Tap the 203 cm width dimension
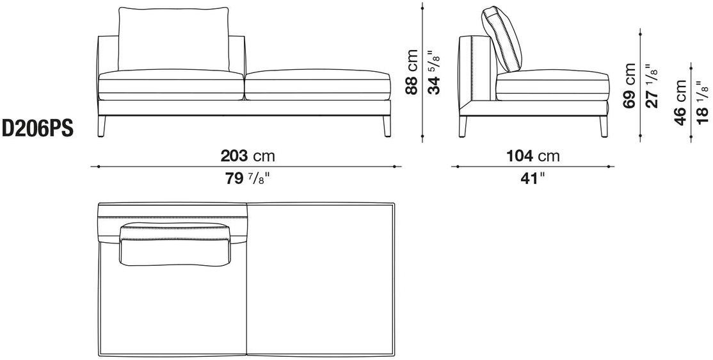point(248,156)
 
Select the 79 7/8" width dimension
point(248,179)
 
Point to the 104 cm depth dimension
point(533,156)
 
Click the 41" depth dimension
point(533,179)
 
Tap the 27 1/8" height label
point(653,85)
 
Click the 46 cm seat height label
point(680,102)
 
